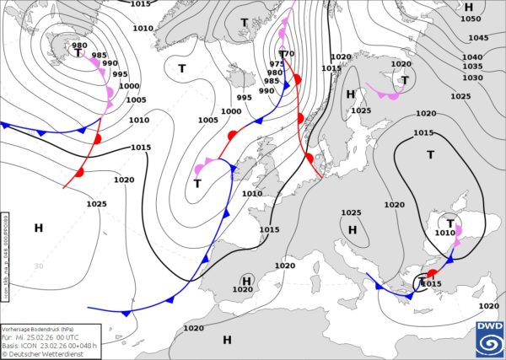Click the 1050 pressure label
coord(471,19)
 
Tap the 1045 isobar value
coord(478,38)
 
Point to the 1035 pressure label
coord(472,67)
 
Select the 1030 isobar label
coord(472,78)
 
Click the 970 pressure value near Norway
coord(287,54)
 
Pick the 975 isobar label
coord(277,64)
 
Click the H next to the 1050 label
coord(469,7)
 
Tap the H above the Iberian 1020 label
coord(247,280)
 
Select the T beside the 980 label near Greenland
coord(78,53)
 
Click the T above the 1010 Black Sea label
coord(450,223)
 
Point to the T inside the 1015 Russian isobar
coord(430,155)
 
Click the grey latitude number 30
coord(38,266)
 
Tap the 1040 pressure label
coord(472,56)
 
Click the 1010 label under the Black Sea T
coord(445,233)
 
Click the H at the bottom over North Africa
coord(227,340)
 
